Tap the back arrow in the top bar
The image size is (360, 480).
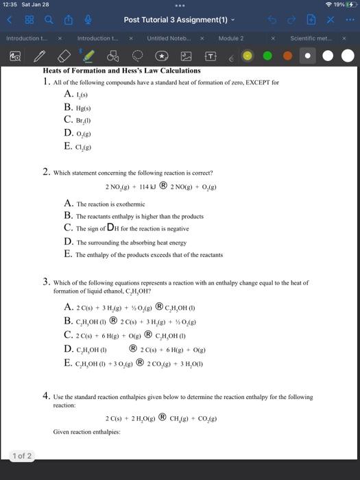10,21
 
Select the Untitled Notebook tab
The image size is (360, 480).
167,38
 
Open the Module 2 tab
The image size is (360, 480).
231,38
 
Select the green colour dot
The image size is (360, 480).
267,56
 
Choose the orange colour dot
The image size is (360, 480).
287,56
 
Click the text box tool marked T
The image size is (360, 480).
211,56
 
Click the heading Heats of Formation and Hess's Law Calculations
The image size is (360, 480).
121,71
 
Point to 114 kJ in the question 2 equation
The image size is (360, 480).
146,186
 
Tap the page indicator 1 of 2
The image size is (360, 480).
21,455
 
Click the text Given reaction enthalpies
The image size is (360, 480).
86,432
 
